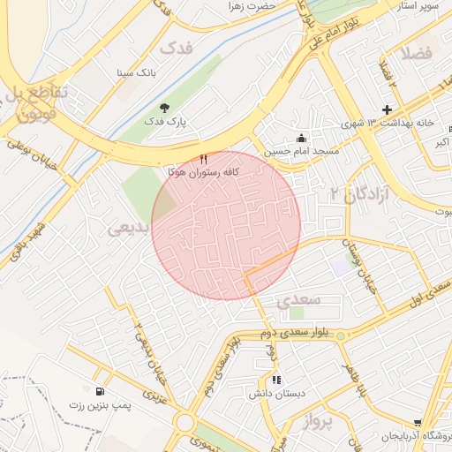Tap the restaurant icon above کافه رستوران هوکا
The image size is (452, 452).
pyautogui.click(x=205, y=159)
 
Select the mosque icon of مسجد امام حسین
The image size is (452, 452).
pyautogui.click(x=302, y=138)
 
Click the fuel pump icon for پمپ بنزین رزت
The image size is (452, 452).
pyautogui.click(x=96, y=390)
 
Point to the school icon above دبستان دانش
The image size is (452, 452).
pyautogui.click(x=277, y=380)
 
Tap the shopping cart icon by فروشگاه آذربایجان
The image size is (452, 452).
pyautogui.click(x=418, y=425)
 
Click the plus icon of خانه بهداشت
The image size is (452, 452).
pyautogui.click(x=387, y=109)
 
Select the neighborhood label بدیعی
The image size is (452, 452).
pyautogui.click(x=128, y=228)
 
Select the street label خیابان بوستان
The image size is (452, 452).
pyautogui.click(x=352, y=261)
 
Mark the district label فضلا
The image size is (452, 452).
pyautogui.click(x=416, y=54)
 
